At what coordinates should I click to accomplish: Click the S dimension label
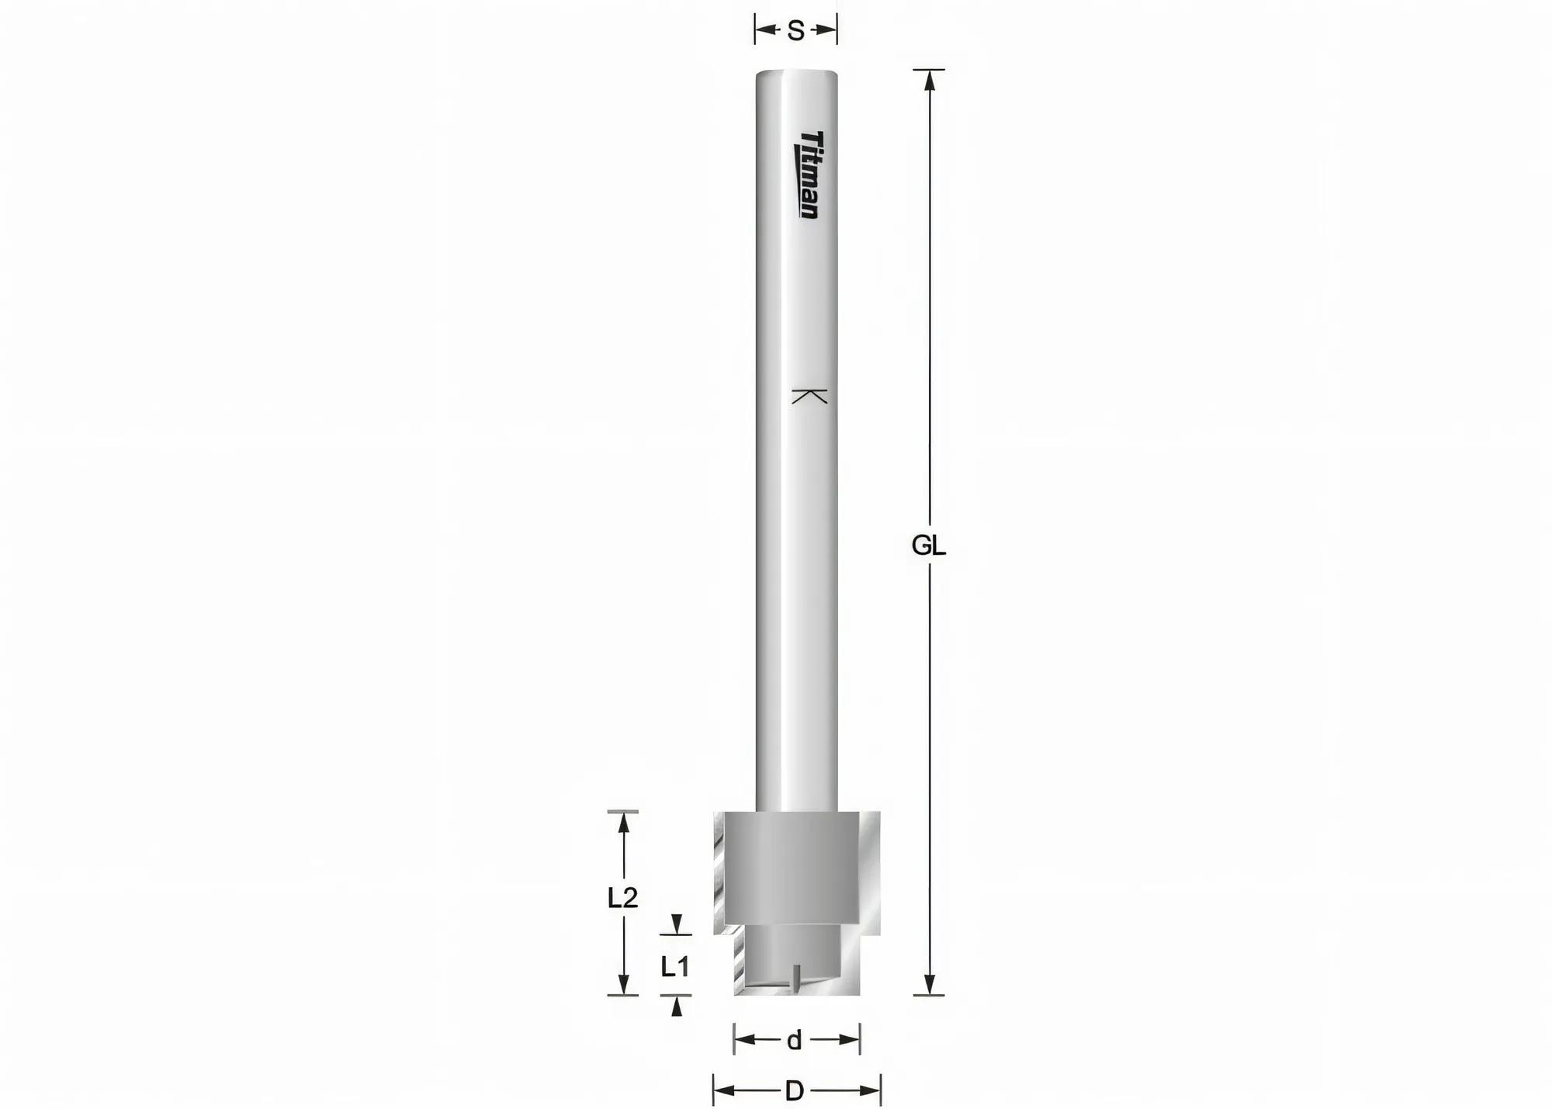click(795, 31)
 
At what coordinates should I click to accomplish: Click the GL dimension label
click(928, 546)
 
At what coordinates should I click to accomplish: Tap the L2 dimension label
click(622, 898)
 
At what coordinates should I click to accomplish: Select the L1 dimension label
click(675, 967)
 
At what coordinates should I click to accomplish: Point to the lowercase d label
click(794, 1041)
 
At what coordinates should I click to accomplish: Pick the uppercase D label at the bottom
click(795, 1092)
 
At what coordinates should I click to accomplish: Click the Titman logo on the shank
click(809, 175)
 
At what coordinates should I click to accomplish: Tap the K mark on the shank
click(809, 396)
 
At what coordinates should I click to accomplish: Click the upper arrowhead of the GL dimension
click(930, 81)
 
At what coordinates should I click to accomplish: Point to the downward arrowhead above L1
click(677, 925)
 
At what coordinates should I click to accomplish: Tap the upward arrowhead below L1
click(677, 1007)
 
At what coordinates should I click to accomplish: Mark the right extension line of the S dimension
click(837, 31)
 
